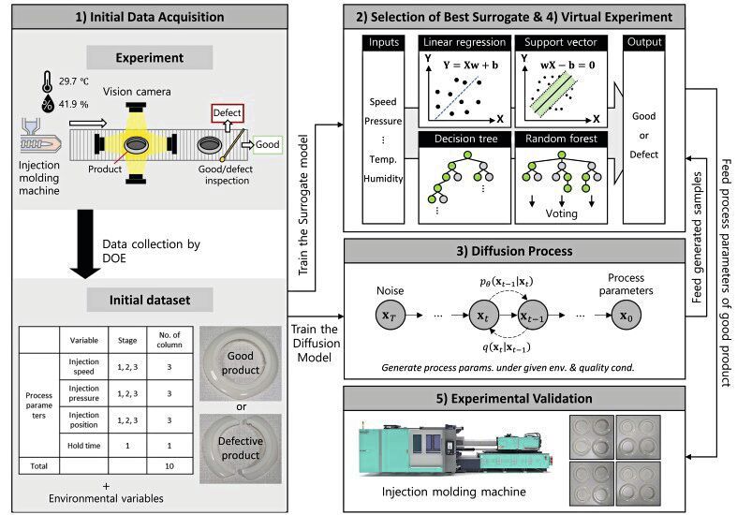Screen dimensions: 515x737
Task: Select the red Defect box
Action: (x=226, y=113)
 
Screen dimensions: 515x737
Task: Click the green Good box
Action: (x=267, y=146)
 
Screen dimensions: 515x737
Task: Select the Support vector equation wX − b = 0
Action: (x=561, y=65)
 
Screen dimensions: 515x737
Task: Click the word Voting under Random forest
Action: (x=561, y=213)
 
